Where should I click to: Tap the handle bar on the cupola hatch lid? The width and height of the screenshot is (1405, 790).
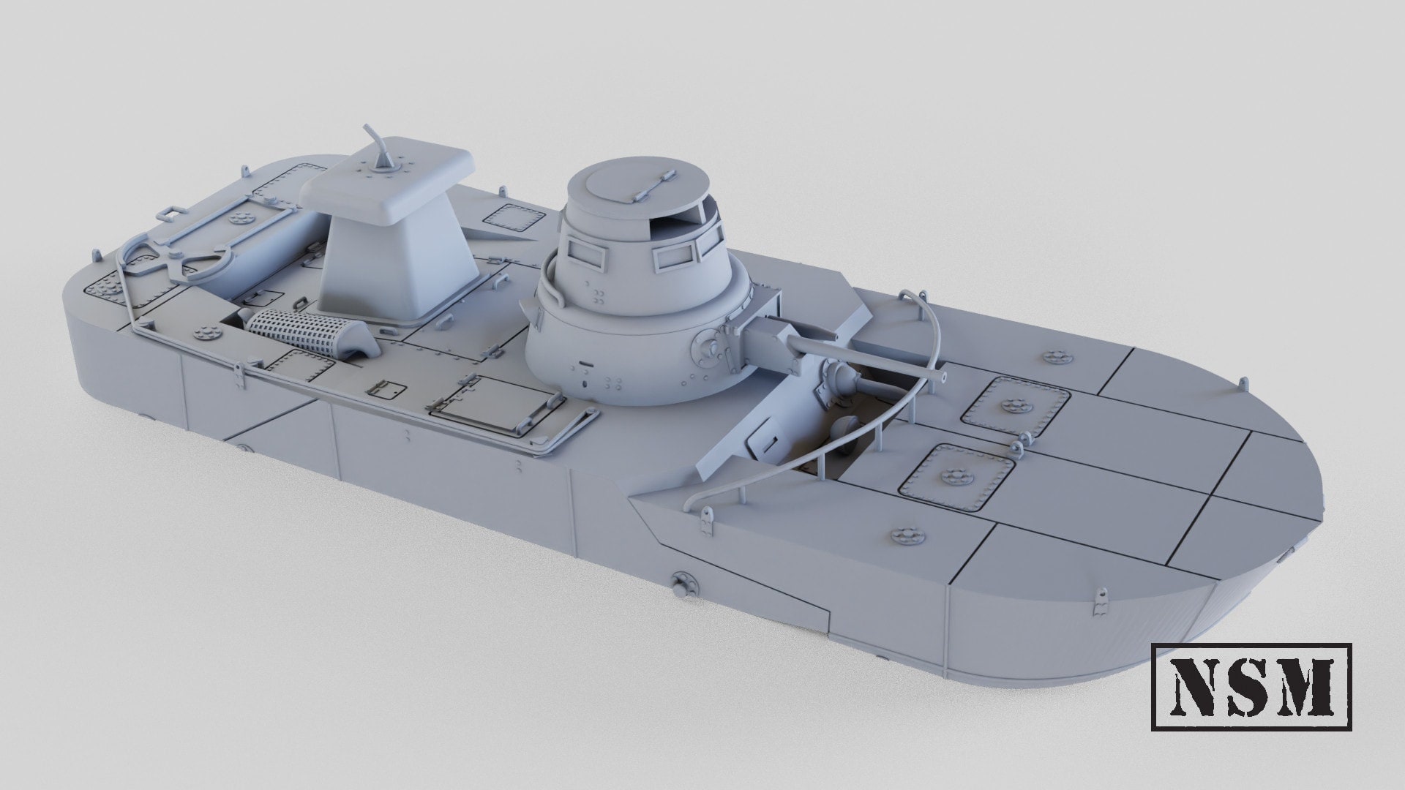click(x=653, y=185)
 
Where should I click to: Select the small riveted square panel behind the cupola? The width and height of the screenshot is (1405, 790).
click(x=511, y=218)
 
